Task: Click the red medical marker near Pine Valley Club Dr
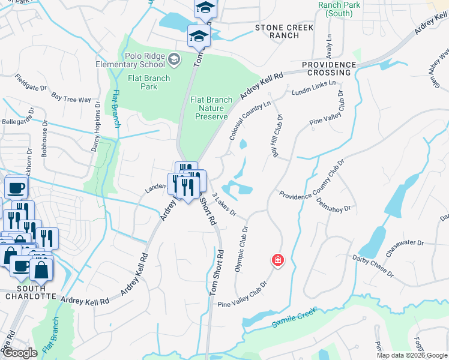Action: (277, 260)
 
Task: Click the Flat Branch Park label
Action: (148, 82)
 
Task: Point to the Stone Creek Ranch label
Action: (277, 31)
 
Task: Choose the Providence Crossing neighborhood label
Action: (329, 68)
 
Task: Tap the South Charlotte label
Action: (31, 293)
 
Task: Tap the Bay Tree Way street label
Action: (71, 97)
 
